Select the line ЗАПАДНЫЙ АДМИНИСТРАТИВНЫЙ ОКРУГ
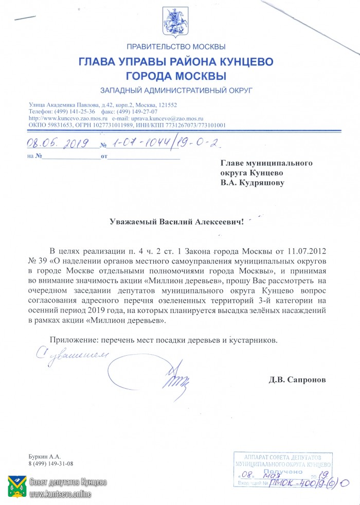[x=176, y=90]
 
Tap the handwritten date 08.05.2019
[x=58, y=143]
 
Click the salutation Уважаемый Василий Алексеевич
[x=175, y=222]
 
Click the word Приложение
[x=74, y=340]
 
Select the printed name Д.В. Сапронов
[x=297, y=380]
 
